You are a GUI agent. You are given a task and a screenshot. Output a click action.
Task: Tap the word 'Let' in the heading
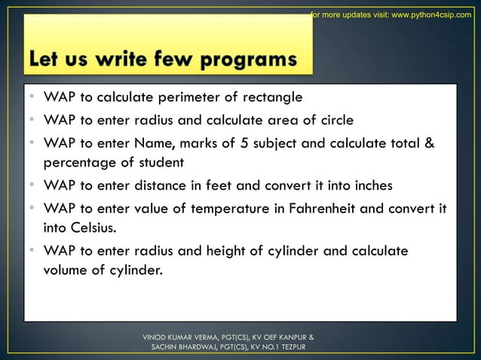tap(47, 59)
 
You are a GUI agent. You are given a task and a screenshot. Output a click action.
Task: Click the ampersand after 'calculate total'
tap(431, 143)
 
